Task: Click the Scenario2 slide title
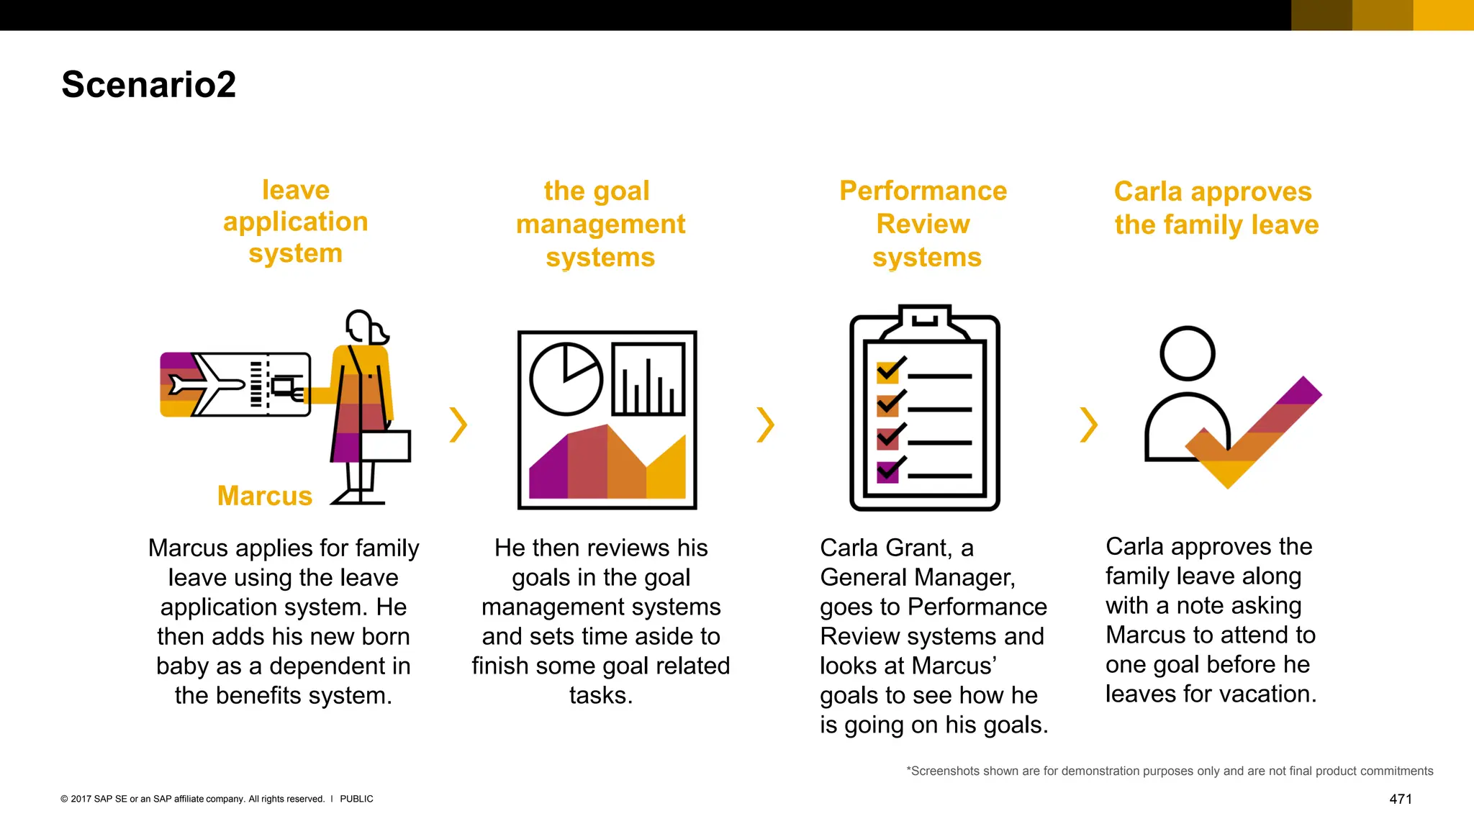[x=149, y=85]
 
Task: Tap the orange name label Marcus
[x=265, y=496]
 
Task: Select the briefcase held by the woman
[x=385, y=446]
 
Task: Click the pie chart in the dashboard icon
[x=566, y=379]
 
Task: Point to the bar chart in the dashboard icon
[x=648, y=379]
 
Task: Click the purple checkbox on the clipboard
[x=887, y=472]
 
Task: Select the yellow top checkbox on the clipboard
[x=887, y=373]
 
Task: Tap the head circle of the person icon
[x=1187, y=353]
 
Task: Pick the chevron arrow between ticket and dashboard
[x=458, y=425]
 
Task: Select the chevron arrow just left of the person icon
[x=1088, y=425]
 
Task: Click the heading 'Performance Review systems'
[x=924, y=224]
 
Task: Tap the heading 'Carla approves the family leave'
[x=1215, y=208]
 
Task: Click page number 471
[x=1400, y=799]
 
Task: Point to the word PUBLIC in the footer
[x=356, y=799]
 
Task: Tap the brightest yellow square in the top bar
[x=1443, y=15]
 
